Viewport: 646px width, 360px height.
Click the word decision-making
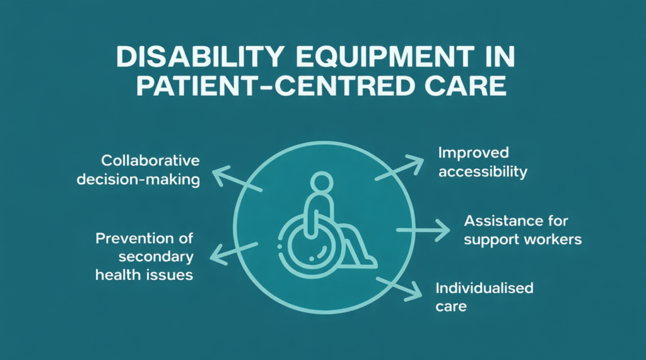[x=139, y=180]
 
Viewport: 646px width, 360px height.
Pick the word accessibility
[x=482, y=171]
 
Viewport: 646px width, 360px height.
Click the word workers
[x=553, y=240]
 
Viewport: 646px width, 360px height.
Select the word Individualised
[x=484, y=288]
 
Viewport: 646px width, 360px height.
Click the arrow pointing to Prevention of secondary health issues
[x=233, y=252]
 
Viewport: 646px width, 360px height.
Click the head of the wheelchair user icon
[x=322, y=183]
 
